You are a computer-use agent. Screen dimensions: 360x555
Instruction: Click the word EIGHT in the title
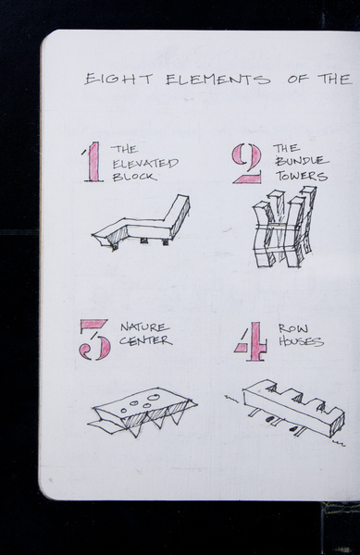tap(118, 79)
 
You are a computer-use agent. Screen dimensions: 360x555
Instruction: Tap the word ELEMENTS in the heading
tap(218, 80)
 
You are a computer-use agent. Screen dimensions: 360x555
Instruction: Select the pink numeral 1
tap(93, 162)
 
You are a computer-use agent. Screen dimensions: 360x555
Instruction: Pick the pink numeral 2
tap(247, 164)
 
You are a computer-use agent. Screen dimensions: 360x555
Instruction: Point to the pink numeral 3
tap(94, 339)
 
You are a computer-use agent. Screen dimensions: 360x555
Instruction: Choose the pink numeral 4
tap(252, 341)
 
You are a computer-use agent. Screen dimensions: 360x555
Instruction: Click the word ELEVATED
tap(145, 163)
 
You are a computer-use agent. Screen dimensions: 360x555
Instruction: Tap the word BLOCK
tap(134, 177)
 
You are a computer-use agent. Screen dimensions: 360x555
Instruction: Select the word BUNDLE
tap(302, 161)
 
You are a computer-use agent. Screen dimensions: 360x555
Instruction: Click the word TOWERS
tap(302, 176)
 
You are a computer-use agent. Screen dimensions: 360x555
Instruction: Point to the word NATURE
tap(144, 327)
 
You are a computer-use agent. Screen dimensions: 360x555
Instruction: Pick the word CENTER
tap(145, 340)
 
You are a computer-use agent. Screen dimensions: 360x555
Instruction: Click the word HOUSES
tap(301, 341)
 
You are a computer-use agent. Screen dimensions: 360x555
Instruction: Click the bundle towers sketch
tap(284, 228)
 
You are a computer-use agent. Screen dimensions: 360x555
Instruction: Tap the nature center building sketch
tap(142, 412)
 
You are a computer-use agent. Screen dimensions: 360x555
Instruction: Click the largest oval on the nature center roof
tap(154, 398)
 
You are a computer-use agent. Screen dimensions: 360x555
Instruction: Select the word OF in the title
tap(298, 80)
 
